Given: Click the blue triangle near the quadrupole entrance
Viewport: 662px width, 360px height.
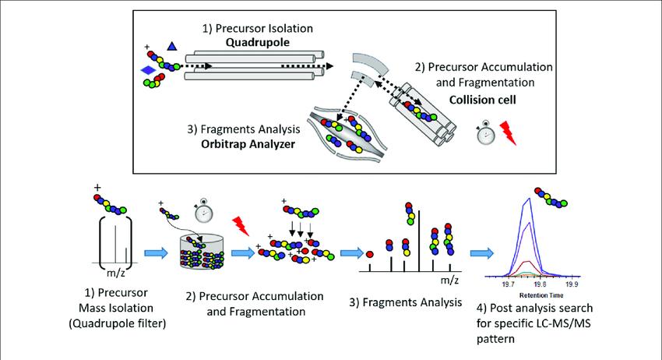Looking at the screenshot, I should [x=172, y=48].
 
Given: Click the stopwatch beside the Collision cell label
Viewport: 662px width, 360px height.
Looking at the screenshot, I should [x=484, y=134].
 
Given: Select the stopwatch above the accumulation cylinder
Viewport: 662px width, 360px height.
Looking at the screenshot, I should [x=202, y=212].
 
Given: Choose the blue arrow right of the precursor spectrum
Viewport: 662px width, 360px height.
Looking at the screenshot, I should [x=154, y=252].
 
